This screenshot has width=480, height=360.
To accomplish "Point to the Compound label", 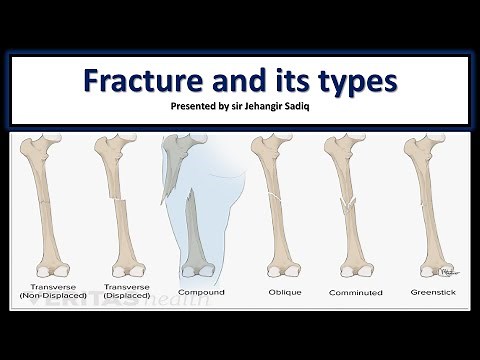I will point(200,293).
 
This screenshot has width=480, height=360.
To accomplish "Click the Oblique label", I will point(278,293).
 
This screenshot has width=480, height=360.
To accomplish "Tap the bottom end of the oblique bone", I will point(280,267).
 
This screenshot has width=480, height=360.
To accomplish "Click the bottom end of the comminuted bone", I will point(354,267).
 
